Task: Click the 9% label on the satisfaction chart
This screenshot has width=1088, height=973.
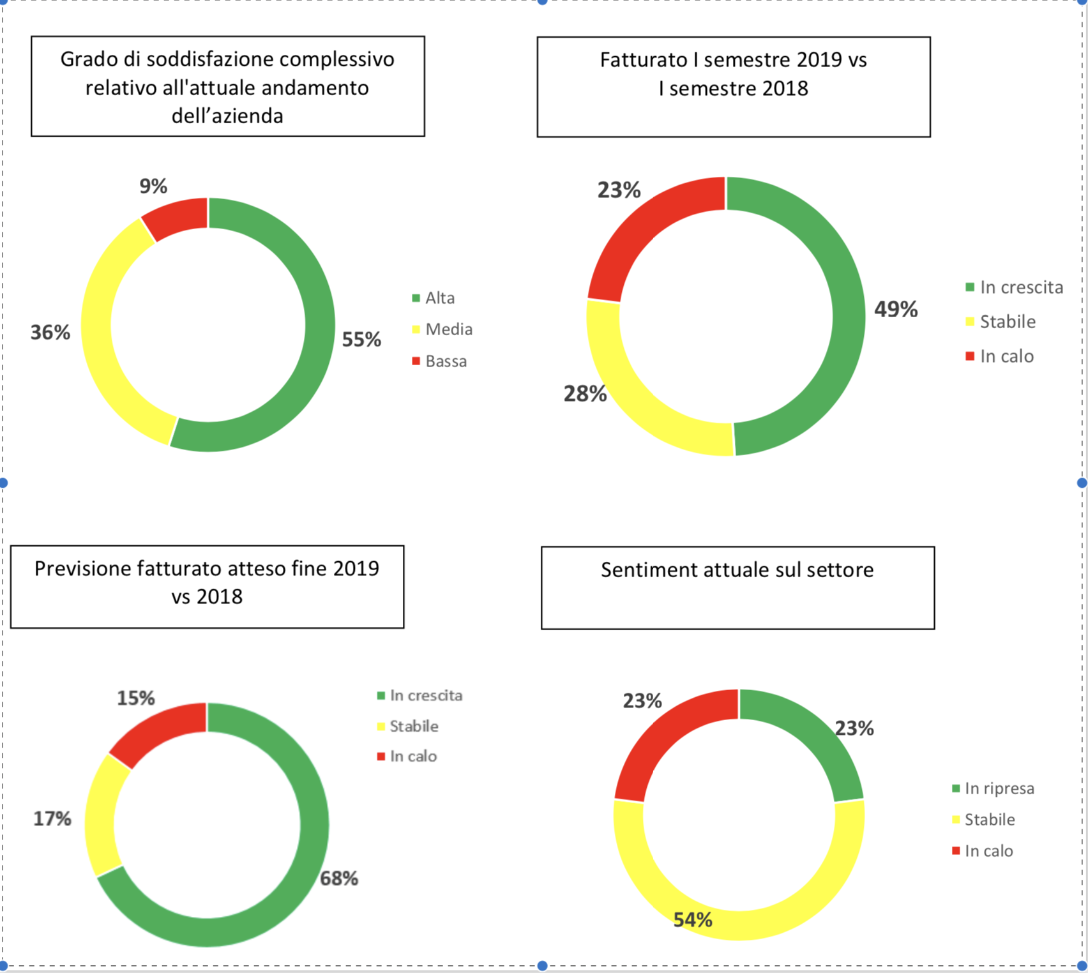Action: [x=153, y=186]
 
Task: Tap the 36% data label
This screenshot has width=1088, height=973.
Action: [x=50, y=333]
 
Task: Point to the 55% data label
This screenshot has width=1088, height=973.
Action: [x=361, y=340]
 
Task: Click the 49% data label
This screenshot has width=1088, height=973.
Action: [x=896, y=310]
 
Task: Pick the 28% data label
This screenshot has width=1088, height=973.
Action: [x=585, y=394]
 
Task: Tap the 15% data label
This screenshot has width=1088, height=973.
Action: [x=135, y=698]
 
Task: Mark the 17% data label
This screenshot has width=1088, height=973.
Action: [x=52, y=819]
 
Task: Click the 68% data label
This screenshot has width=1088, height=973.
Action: [x=339, y=879]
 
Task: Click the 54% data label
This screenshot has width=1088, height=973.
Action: [x=693, y=920]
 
